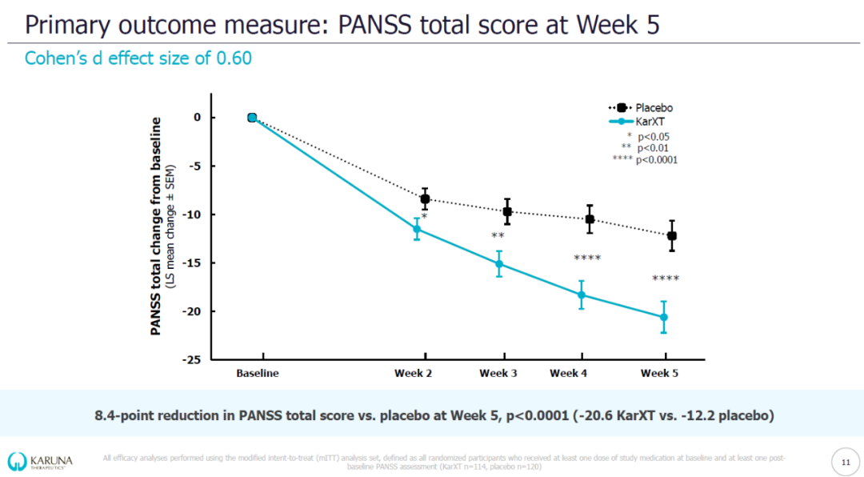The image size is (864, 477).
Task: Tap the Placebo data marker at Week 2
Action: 425,198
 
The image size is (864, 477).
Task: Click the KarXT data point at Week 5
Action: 664,317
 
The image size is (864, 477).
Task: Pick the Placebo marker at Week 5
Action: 672,235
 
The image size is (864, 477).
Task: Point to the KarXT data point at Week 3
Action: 499,264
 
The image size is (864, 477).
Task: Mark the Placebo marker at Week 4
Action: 590,218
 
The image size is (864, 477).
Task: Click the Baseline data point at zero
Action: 252,118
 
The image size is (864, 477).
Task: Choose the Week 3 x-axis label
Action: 499,373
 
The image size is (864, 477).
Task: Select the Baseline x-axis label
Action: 258,373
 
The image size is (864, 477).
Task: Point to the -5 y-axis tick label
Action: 194,166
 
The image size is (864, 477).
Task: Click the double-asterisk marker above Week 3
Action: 498,236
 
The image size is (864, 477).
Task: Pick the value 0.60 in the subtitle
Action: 234,59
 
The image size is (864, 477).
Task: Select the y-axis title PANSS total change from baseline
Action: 157,226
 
